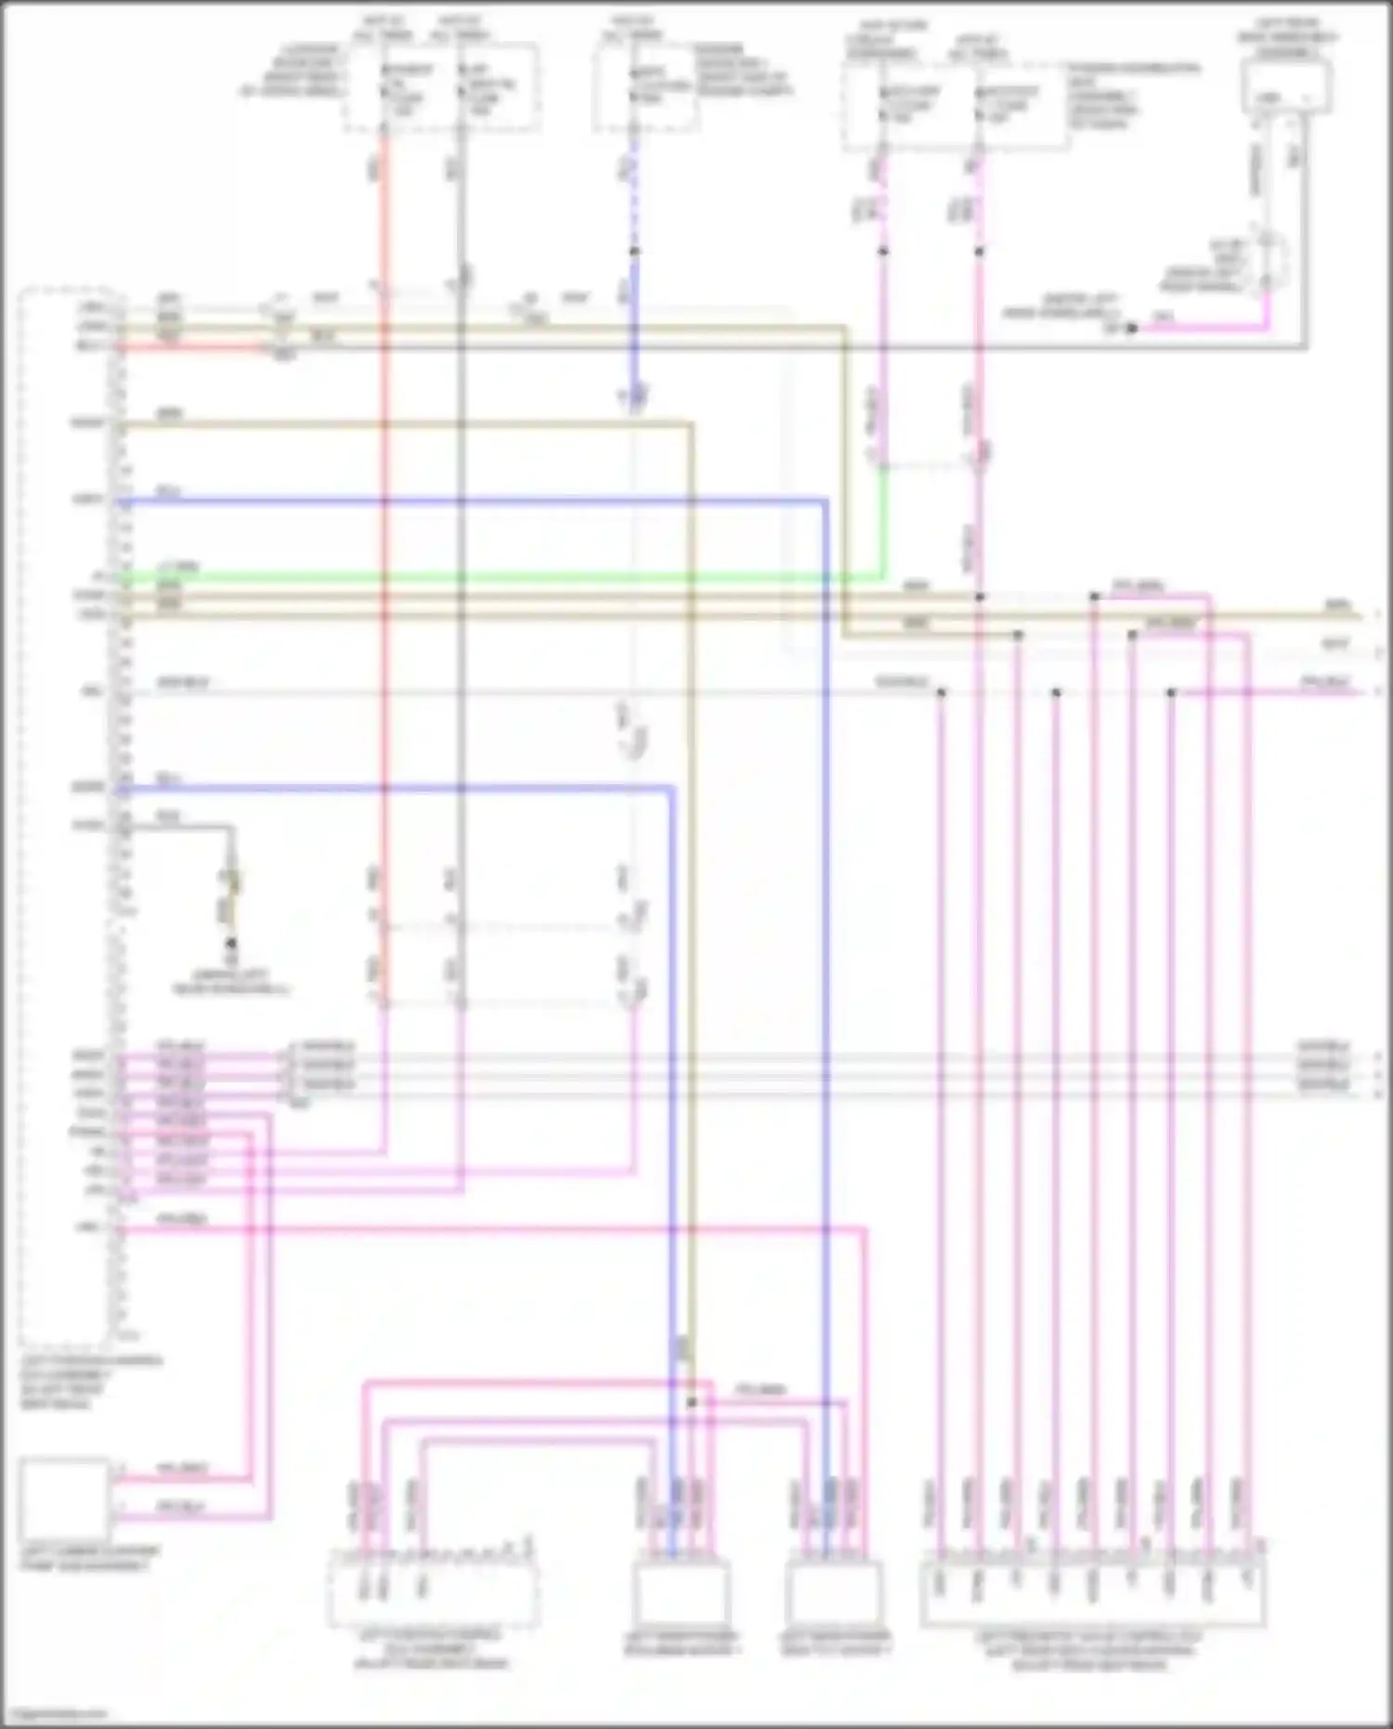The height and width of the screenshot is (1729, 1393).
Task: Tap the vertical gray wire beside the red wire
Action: click(461, 650)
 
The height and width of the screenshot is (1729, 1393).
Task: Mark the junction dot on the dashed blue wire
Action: click(633, 251)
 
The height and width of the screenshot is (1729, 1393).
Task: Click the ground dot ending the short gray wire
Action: click(231, 943)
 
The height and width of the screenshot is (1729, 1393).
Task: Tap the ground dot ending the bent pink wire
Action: click(1131, 328)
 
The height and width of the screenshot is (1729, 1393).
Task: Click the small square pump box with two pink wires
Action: click(64, 1498)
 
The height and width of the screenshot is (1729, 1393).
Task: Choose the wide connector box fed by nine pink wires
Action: click(1092, 1594)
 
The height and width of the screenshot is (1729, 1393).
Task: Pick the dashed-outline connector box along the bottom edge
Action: click(433, 1594)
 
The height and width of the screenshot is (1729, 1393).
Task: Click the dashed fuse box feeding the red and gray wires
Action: click(441, 85)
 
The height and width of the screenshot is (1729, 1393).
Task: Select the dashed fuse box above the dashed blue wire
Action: click(645, 85)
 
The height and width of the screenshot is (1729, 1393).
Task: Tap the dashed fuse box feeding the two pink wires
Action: click(955, 106)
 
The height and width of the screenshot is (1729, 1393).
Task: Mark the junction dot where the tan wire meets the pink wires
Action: click(691, 1401)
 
